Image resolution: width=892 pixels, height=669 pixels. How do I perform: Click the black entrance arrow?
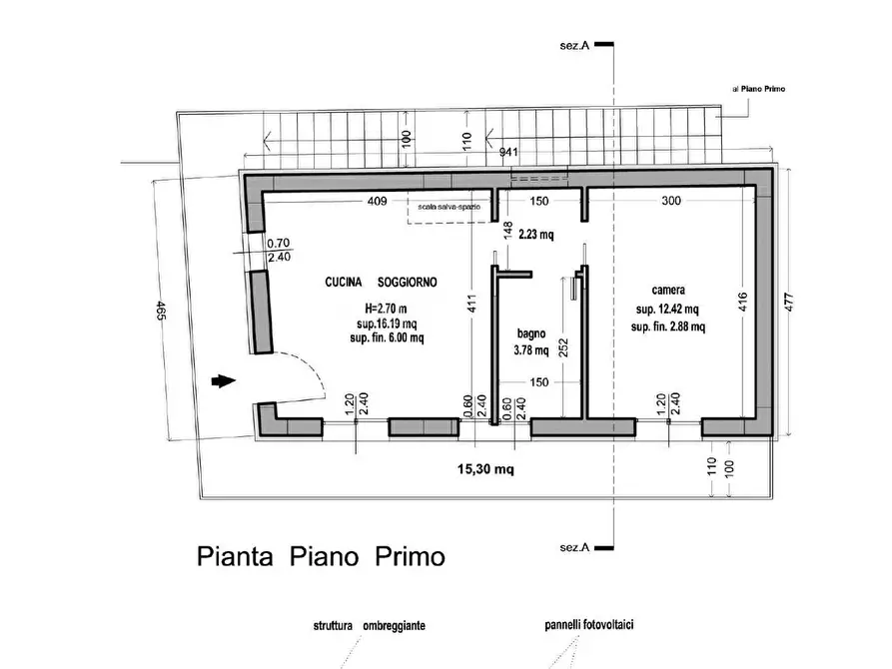(224, 381)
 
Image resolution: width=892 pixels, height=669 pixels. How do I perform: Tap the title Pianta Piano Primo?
(321, 556)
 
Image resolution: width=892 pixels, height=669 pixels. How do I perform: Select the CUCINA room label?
(343, 283)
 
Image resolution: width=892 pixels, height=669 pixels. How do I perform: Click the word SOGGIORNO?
(408, 283)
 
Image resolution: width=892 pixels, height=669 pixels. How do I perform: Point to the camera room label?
(668, 291)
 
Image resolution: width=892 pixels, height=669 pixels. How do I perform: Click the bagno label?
(531, 334)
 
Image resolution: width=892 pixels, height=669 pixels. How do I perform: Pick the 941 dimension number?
(508, 152)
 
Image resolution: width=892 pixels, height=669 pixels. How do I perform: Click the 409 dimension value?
(378, 201)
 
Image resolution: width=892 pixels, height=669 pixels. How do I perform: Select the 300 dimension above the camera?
(671, 201)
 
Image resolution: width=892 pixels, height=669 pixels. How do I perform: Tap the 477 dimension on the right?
(788, 302)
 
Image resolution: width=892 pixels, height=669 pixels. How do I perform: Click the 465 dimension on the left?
(161, 311)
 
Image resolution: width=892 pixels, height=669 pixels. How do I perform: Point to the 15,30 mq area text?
(485, 469)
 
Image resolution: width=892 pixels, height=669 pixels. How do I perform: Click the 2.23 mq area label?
(535, 234)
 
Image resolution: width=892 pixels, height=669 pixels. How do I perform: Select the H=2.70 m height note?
(386, 309)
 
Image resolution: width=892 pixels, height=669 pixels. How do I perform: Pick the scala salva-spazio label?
(448, 207)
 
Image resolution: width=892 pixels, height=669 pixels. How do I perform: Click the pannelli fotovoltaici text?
(589, 625)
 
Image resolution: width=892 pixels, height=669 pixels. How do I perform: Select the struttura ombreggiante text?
(370, 626)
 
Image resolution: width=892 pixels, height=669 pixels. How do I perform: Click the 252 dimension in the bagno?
(563, 348)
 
